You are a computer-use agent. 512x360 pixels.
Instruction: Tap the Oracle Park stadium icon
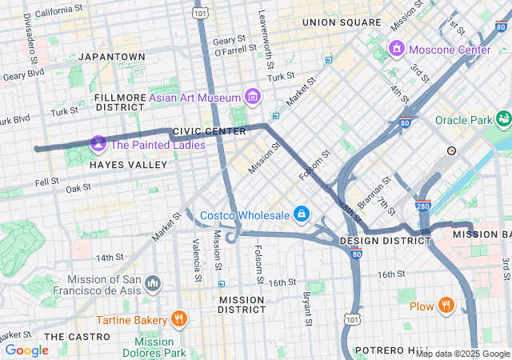(503, 120)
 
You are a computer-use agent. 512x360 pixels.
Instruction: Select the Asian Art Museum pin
(253, 98)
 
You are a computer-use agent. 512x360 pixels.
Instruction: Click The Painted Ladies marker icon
(98, 144)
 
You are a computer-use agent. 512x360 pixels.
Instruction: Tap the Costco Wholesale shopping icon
(302, 214)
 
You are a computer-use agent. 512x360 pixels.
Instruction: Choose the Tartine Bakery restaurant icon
(179, 319)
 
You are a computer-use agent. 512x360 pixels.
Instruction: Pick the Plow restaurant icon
(446, 306)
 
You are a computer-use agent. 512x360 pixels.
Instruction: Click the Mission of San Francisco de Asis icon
(153, 284)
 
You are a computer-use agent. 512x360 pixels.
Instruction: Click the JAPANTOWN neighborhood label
(112, 57)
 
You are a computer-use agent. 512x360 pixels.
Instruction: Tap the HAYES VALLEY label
(128, 164)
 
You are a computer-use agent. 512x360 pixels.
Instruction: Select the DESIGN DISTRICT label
(380, 241)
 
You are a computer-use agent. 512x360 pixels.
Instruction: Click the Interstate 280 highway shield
(423, 206)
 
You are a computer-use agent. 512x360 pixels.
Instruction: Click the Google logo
(26, 350)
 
